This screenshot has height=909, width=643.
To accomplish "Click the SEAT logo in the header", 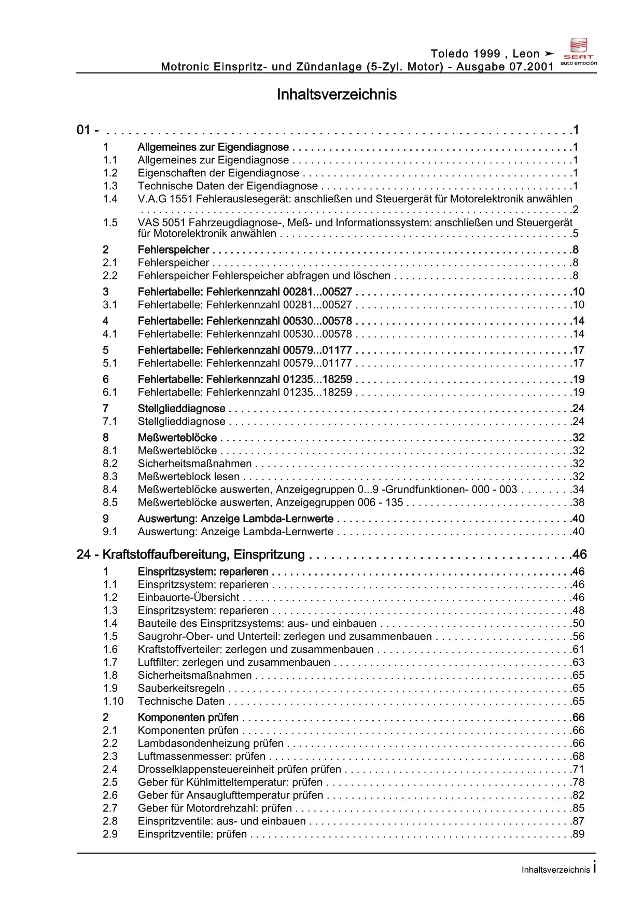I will click(x=579, y=51).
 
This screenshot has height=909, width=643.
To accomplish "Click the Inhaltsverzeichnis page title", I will click(x=337, y=94).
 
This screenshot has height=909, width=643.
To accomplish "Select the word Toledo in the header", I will click(x=450, y=53).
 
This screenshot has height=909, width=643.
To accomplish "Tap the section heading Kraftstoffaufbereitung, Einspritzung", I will click(x=204, y=554).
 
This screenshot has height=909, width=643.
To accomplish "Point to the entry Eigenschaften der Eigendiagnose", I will click(x=218, y=173).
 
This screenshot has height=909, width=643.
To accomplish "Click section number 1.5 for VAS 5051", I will click(x=110, y=222).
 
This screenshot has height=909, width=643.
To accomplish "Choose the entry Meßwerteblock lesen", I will click(x=189, y=477).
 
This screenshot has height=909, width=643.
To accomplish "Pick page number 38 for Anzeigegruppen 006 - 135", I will click(x=578, y=502).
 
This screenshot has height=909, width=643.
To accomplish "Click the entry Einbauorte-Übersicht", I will click(x=188, y=597).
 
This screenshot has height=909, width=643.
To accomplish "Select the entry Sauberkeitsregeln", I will click(x=181, y=688).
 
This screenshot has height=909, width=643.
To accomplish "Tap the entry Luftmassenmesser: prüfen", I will click(x=201, y=756).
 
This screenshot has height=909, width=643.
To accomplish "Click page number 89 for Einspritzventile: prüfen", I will click(x=578, y=834).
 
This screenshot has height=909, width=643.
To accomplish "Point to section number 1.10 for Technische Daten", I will click(x=113, y=701).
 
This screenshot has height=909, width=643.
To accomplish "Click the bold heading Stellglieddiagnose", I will click(x=181, y=409).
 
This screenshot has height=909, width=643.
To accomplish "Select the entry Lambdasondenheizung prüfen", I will click(x=211, y=743).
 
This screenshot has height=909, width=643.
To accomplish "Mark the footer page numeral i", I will click(x=594, y=867).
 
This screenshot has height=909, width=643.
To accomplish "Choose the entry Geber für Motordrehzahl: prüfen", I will click(x=215, y=808).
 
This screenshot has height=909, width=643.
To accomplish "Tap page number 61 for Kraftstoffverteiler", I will click(x=578, y=649).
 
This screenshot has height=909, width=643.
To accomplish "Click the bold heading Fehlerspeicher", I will click(x=173, y=250).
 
